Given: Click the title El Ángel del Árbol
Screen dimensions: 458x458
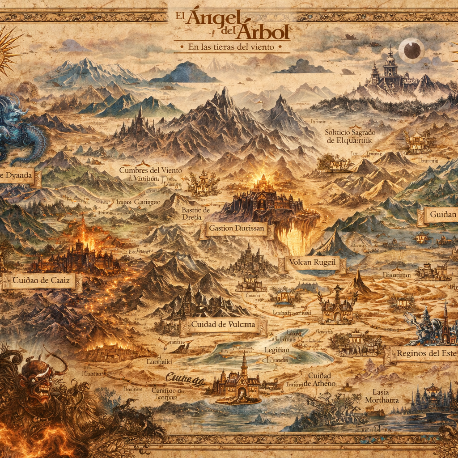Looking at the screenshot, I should click(229, 25).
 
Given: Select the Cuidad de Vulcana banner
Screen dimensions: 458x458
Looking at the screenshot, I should click(223, 325).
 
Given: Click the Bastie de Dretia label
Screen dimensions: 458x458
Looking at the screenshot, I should click(196, 213).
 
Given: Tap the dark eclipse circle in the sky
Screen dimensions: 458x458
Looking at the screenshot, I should click(411, 50).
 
